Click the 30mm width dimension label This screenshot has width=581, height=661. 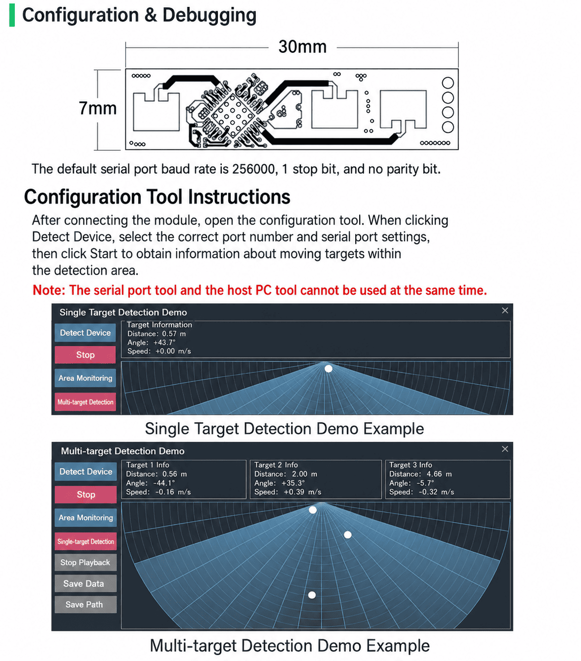pyautogui.click(x=302, y=46)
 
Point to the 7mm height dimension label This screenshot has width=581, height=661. pyautogui.click(x=97, y=108)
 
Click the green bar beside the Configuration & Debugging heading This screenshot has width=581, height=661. pyautogui.click(x=12, y=15)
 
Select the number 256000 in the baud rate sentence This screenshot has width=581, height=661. pyautogui.click(x=253, y=169)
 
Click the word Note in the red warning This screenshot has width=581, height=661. pyautogui.click(x=48, y=290)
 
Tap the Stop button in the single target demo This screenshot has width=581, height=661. pyautogui.click(x=85, y=354)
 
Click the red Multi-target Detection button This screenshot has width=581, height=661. pyautogui.click(x=85, y=402)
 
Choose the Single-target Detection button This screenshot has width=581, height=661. pyautogui.click(x=85, y=541)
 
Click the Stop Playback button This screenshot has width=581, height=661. pyautogui.click(x=85, y=563)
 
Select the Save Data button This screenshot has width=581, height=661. pyautogui.click(x=85, y=584)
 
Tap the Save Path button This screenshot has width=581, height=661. pyautogui.click(x=85, y=605)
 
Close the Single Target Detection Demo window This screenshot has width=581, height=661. pyautogui.click(x=505, y=310)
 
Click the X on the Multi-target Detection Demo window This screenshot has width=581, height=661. pyautogui.click(x=505, y=449)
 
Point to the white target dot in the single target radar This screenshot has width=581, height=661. pyautogui.click(x=329, y=369)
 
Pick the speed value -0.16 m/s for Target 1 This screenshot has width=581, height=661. pyautogui.click(x=172, y=492)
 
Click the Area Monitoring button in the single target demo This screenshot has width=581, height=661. pyautogui.click(x=85, y=378)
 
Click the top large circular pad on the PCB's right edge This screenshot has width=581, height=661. pyautogui.click(x=448, y=83)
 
